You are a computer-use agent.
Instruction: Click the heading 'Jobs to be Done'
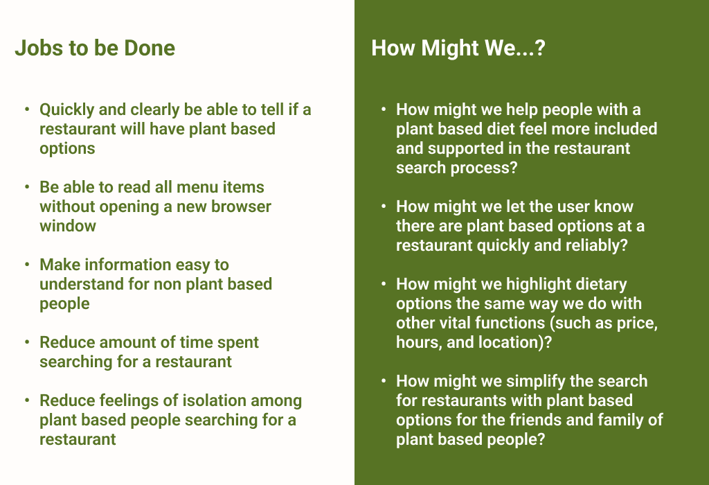click(x=95, y=48)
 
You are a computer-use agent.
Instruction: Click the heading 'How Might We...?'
click(x=458, y=48)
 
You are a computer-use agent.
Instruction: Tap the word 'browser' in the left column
click(x=242, y=206)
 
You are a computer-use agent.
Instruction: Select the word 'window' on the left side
click(x=68, y=226)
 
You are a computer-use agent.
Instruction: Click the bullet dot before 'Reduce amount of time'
click(x=27, y=342)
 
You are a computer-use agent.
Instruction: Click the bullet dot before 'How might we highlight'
click(x=384, y=284)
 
